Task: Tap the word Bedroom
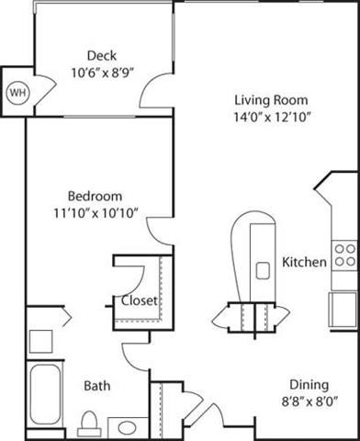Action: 95,197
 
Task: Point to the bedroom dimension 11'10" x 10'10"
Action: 95,213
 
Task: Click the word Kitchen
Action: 304,262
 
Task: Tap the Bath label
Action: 96,386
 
